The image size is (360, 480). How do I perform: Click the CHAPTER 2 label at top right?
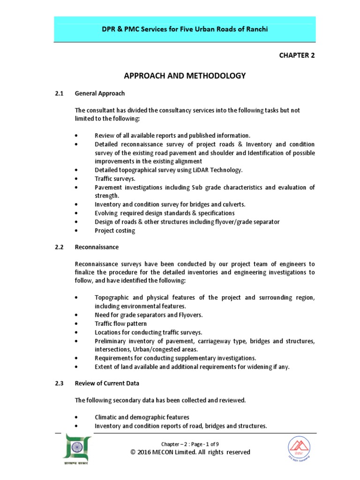pos(297,55)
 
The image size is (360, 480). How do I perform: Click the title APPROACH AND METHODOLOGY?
pos(184,76)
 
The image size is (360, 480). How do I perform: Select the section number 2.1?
pos(59,93)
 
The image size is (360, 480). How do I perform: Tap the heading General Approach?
pos(99,93)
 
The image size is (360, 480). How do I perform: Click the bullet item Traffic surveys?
pos(115,179)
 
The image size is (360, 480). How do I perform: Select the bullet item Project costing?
pos(115,230)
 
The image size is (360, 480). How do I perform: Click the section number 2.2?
pos(59,247)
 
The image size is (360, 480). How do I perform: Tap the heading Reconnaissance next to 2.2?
pos(97,247)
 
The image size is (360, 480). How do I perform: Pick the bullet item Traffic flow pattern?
pos(120,323)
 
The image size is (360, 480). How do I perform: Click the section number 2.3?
pos(59,383)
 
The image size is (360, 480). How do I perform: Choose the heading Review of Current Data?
pos(107,383)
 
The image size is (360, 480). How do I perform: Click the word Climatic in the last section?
pos(106,417)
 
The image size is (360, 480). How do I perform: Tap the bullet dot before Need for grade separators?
pos(76,315)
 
